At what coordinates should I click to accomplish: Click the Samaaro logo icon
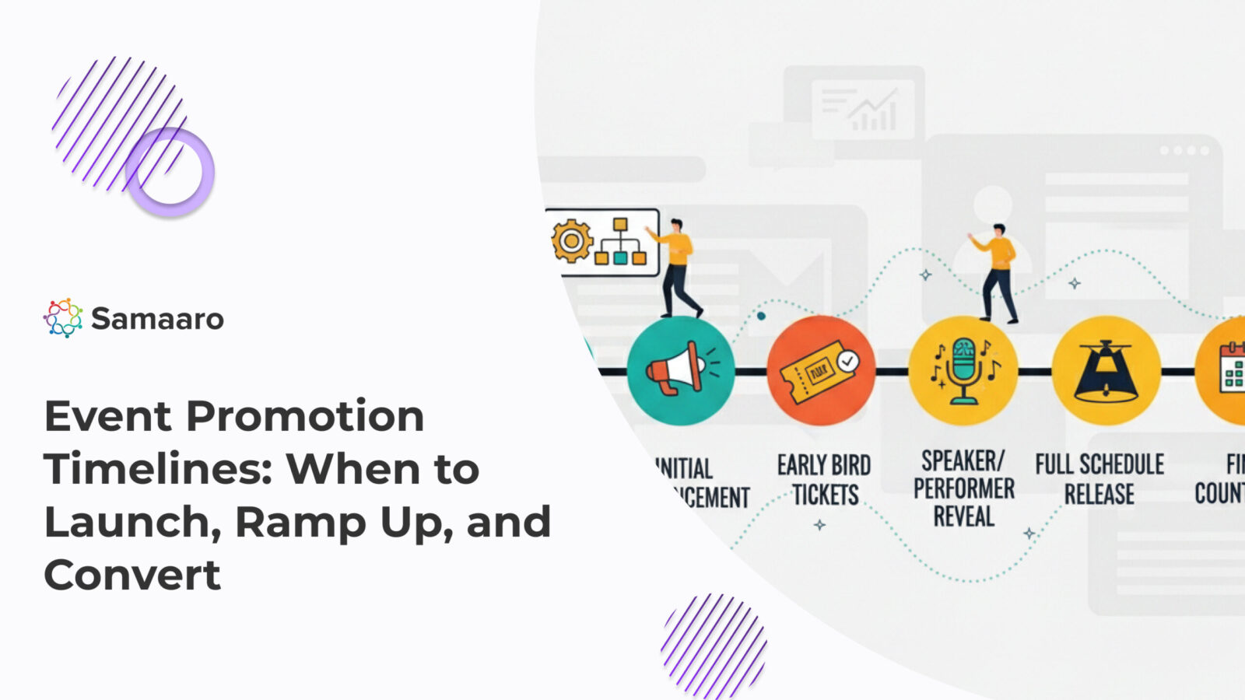[63, 317]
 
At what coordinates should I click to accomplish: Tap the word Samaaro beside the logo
[157, 319]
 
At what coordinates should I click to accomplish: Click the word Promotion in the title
[304, 416]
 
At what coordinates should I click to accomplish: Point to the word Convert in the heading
[132, 575]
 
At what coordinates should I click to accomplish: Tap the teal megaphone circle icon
[680, 371]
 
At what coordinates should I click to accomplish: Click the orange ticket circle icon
[821, 371]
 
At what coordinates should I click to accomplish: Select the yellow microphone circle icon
[963, 371]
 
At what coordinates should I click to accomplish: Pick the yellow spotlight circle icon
[1106, 371]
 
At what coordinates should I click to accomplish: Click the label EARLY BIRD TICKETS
[824, 480]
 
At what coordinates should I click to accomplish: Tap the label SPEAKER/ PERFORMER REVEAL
[963, 488]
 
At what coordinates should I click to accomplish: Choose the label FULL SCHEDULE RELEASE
[1099, 479]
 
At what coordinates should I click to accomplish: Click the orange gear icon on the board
[572, 240]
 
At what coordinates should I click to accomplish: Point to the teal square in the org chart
[620, 257]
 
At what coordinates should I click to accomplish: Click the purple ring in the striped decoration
[170, 172]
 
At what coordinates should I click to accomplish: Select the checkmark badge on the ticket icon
[848, 361]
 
